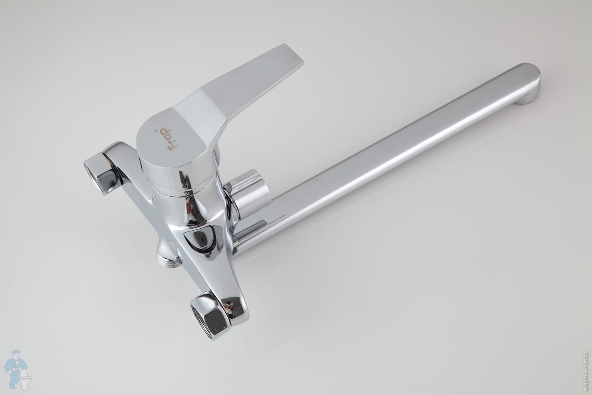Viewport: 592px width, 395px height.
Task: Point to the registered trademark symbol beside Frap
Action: point(156,130)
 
